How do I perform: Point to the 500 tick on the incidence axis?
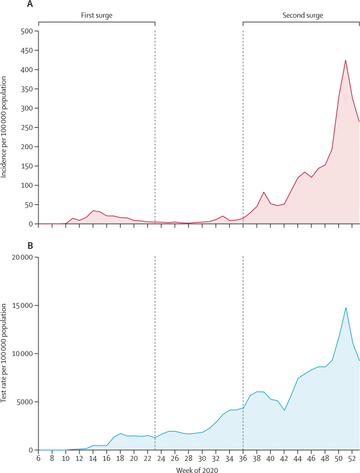[27, 31]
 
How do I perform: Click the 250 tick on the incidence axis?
[27, 128]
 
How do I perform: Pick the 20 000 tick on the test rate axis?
[22, 257]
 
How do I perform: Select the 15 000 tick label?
[22, 306]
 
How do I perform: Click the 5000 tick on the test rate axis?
[25, 402]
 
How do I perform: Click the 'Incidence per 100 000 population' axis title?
[5, 128]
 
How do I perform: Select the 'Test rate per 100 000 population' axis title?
[5, 354]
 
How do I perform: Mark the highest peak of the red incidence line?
[345, 60]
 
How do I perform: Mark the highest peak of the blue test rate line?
[345, 307]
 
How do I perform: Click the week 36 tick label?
[243, 458]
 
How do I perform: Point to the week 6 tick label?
[39, 458]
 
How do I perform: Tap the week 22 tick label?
[148, 458]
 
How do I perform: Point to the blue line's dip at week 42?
[285, 411]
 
